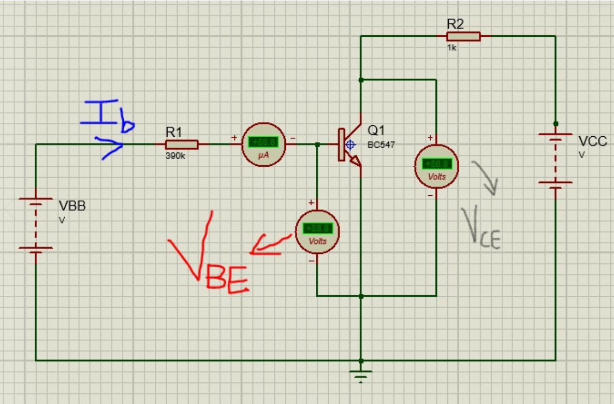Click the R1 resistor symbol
[181, 145]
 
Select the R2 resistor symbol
[463, 36]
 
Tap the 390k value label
[176, 156]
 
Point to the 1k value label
[452, 48]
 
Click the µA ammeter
[264, 145]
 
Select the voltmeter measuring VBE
[317, 232]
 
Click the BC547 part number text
[381, 145]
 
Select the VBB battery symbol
[36, 223]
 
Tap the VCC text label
[592, 142]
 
